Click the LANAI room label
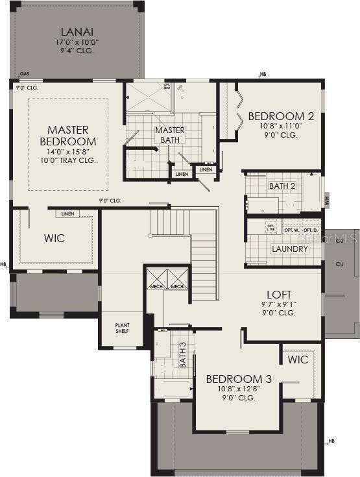point(77,32)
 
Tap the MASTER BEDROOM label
point(68,136)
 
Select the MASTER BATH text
point(169,134)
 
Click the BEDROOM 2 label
point(281,117)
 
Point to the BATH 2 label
point(282,186)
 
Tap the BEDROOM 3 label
point(238,379)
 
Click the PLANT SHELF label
point(122,328)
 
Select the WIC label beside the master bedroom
point(54,238)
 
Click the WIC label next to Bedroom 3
point(298,359)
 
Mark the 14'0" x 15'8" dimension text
point(68,151)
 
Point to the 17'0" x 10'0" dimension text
point(77,43)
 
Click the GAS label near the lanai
point(25,74)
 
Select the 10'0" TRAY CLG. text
point(68,160)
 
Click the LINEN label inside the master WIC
point(67,214)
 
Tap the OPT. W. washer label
point(291,230)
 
